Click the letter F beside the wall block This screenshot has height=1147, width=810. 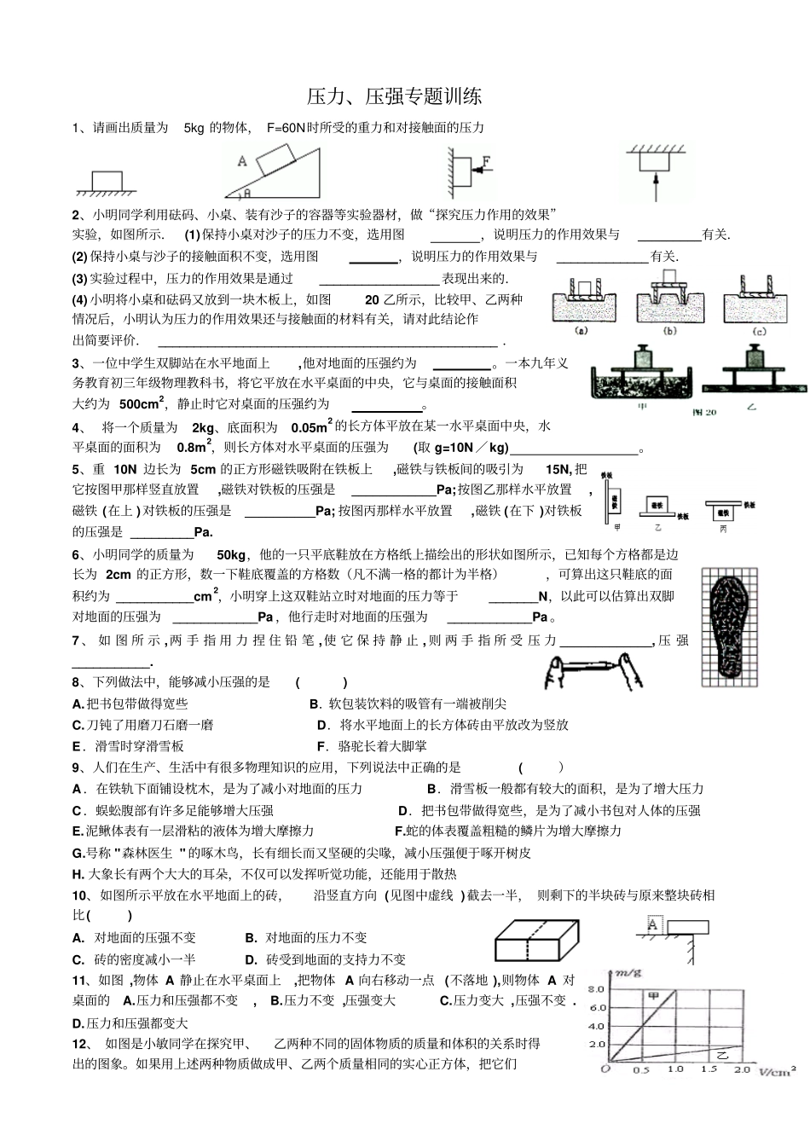pyautogui.click(x=487, y=160)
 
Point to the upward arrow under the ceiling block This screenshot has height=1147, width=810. pyautogui.click(x=655, y=186)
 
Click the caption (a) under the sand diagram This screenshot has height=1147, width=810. pyautogui.click(x=584, y=331)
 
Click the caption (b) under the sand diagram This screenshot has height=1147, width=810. pyautogui.click(x=669, y=331)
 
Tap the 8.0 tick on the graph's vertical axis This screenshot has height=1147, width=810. pyautogui.click(x=596, y=989)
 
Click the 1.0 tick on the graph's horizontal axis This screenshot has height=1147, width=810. pyautogui.click(x=674, y=1069)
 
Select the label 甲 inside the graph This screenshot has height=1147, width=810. pyautogui.click(x=654, y=995)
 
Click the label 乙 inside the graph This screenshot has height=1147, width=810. pyautogui.click(x=724, y=1055)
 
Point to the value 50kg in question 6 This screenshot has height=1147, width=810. pyautogui.click(x=231, y=554)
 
